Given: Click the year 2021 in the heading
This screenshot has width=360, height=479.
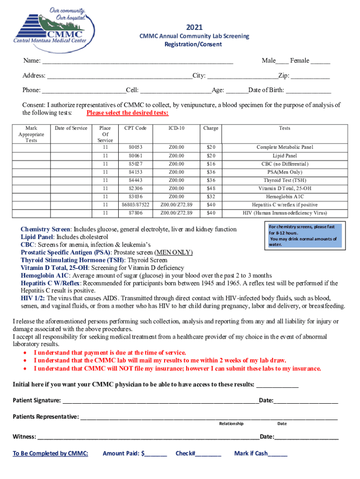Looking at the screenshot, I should coord(194,28).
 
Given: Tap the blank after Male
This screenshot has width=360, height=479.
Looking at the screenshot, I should coord(282,61).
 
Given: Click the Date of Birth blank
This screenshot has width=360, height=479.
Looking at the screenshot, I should coord(308,91).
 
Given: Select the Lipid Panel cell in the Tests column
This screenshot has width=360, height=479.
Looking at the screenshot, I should coord(284,156).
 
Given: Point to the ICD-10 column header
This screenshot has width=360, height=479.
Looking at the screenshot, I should coord(176,128).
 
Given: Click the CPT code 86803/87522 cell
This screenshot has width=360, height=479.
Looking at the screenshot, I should coord(135,204).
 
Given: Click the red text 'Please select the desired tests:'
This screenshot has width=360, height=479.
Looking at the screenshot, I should coord(128,113).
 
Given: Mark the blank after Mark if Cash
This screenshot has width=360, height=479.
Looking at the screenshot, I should coord(278,454).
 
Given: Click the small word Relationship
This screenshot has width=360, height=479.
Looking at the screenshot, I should coord(231,424).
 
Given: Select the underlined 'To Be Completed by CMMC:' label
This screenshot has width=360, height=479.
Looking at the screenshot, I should coord(50,454).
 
